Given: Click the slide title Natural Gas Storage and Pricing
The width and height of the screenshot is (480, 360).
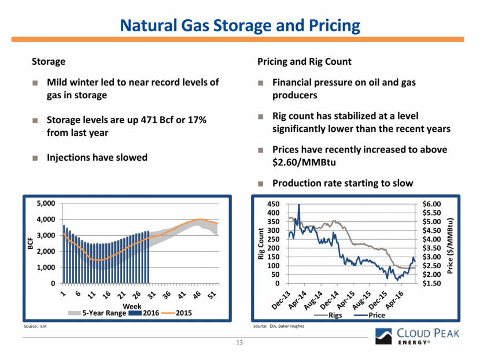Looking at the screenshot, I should point(240,26).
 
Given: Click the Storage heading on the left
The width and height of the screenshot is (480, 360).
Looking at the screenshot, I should point(48,61).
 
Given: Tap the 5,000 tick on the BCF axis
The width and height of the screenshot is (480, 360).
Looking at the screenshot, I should point(45,203).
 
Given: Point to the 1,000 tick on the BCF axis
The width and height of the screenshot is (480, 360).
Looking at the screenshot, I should point(45,268).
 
